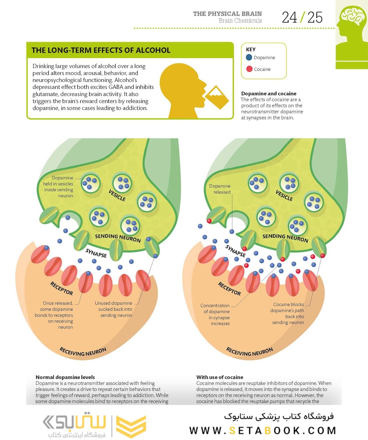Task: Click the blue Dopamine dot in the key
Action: (x=249, y=58)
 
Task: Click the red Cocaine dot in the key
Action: (x=249, y=69)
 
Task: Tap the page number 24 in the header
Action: (x=289, y=18)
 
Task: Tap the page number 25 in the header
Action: (x=315, y=18)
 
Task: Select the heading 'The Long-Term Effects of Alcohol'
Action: (x=101, y=51)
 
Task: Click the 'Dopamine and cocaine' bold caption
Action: (x=269, y=93)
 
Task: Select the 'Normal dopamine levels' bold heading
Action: (x=65, y=377)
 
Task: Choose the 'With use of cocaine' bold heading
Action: (x=220, y=377)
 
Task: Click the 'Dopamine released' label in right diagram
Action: (x=220, y=189)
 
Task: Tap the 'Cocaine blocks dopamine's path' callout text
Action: (x=288, y=313)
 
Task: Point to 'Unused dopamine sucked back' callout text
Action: (x=114, y=309)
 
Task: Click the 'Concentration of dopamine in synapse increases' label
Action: (x=215, y=315)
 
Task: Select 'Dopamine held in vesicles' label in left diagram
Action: (x=62, y=187)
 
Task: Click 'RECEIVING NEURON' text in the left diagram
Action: (x=83, y=351)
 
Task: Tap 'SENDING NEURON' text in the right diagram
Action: (x=285, y=238)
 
